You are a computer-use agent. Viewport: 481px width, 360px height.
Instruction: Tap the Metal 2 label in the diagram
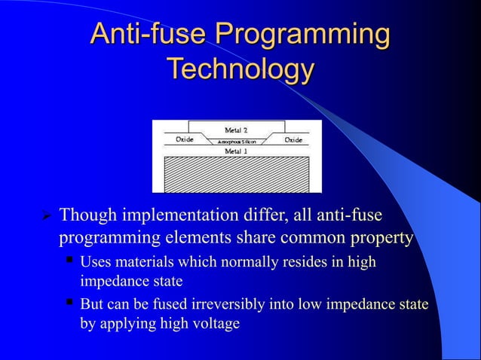click(236, 130)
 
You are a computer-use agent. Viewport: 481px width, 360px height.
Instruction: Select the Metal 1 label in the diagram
click(236, 151)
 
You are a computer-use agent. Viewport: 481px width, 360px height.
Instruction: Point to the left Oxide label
click(185, 140)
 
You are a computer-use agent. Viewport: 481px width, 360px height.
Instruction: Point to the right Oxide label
click(293, 140)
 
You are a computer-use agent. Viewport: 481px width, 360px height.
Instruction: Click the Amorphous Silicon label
click(237, 142)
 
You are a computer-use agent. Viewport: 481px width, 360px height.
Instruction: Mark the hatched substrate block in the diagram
click(236, 174)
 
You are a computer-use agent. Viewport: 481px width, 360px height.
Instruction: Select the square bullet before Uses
click(69, 261)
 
